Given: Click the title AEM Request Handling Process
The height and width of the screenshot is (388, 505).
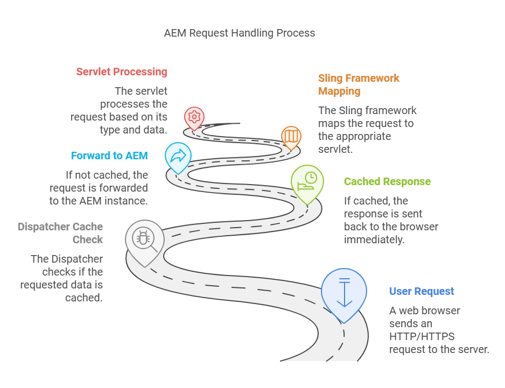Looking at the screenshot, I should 240,33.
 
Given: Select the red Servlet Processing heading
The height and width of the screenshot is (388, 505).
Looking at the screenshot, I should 122,72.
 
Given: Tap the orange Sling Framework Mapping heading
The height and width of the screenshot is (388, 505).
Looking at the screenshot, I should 359,84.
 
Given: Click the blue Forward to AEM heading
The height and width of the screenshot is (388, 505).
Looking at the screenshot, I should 109,156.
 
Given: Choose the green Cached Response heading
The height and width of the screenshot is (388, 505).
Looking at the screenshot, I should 387,181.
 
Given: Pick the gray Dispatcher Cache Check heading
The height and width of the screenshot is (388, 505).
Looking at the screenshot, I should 60,233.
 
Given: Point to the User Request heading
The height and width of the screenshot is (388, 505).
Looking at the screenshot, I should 422,291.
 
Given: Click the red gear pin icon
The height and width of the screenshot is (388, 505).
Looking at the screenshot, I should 194,116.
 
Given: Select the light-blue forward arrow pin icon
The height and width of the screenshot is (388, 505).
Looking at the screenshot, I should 178,156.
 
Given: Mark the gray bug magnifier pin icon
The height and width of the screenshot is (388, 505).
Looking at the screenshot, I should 143,238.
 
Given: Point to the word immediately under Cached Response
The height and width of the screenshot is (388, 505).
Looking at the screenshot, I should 374,239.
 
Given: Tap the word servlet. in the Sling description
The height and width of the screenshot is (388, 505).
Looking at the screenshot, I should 335,149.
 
